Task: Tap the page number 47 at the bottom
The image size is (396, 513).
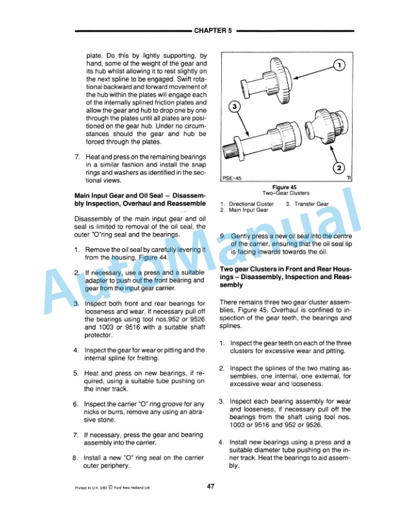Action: (211, 487)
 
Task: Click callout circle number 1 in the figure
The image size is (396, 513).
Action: (342, 66)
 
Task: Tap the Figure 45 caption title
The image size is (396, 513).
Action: (285, 187)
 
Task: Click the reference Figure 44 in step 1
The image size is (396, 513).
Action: (155, 257)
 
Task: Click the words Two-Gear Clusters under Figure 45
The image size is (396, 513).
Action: (285, 193)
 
